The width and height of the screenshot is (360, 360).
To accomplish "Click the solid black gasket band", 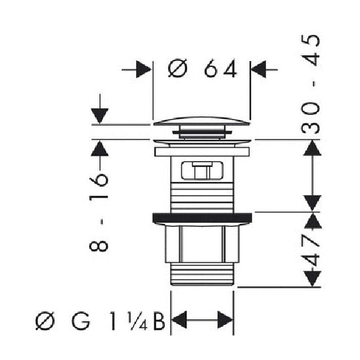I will pyautogui.click(x=202, y=217).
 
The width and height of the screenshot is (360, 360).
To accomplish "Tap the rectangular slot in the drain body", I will pyautogui.click(x=202, y=170).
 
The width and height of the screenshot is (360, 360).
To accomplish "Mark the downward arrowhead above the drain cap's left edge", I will pyautogui.click(x=99, y=116).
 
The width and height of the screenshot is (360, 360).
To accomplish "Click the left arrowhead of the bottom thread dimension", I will pyautogui.click(x=179, y=321).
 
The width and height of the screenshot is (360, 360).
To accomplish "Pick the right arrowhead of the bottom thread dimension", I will pyautogui.click(x=225, y=321).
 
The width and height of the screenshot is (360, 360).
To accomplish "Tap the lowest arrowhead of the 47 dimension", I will pyautogui.click(x=313, y=279).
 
